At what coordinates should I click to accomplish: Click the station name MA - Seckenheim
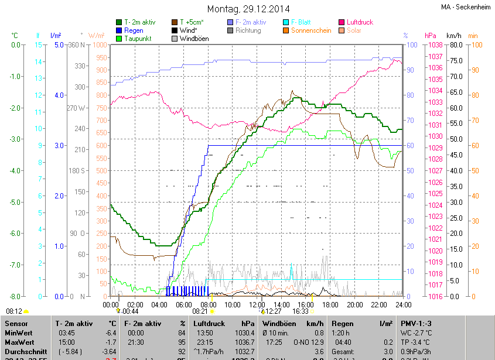(x=466, y=6)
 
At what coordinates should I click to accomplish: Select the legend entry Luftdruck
(x=360, y=22)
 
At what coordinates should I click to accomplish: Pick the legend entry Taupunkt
(x=137, y=39)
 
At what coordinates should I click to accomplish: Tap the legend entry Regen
(x=134, y=30)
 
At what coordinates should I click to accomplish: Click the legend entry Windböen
(x=193, y=39)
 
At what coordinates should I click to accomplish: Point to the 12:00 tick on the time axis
(x=257, y=305)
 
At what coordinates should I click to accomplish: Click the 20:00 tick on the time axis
(x=355, y=305)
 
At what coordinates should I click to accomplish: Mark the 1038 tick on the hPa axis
(x=434, y=45)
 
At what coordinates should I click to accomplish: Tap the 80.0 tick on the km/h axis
(x=457, y=45)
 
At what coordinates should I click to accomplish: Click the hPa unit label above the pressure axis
(x=431, y=36)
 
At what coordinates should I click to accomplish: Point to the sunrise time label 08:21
(x=200, y=311)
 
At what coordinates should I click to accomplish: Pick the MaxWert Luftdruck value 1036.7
(x=247, y=341)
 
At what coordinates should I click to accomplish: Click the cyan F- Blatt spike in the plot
(x=291, y=271)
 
